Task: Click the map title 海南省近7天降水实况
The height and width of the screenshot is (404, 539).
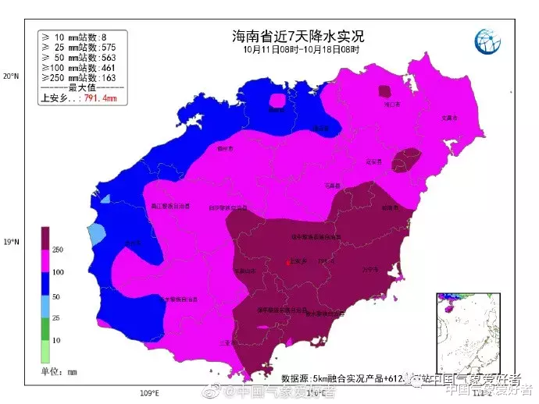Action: tap(298, 36)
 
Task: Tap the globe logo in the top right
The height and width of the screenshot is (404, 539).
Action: tap(489, 41)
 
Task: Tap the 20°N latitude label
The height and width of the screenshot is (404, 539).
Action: tap(9, 76)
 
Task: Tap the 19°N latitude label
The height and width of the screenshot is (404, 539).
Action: tap(9, 243)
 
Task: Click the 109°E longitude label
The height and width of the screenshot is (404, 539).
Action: tap(149, 392)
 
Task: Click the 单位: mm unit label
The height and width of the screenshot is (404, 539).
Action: tap(59, 372)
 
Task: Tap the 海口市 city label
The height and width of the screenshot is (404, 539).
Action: tap(394, 104)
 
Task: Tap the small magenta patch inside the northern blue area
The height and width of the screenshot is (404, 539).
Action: tap(277, 100)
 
